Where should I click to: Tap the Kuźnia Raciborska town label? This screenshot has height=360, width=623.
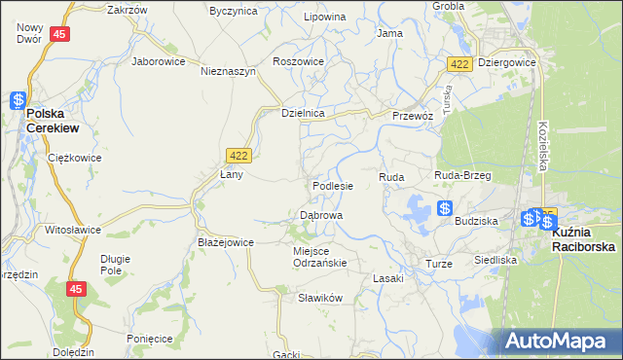(583, 240)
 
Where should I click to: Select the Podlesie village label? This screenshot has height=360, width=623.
(332, 185)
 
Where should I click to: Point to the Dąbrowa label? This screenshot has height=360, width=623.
(320, 215)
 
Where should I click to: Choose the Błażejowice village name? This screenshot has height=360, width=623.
(225, 242)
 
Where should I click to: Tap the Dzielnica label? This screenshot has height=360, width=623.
(302, 113)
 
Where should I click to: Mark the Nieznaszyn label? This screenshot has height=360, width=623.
(228, 71)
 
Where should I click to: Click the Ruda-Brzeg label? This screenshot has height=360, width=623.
(462, 176)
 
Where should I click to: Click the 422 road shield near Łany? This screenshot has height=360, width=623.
(238, 155)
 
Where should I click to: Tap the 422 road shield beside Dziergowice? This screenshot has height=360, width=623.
(460, 63)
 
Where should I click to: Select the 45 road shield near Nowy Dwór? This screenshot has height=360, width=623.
(60, 34)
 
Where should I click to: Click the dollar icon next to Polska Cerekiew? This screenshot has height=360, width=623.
(18, 99)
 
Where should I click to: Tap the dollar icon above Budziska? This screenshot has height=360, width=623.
(444, 208)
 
